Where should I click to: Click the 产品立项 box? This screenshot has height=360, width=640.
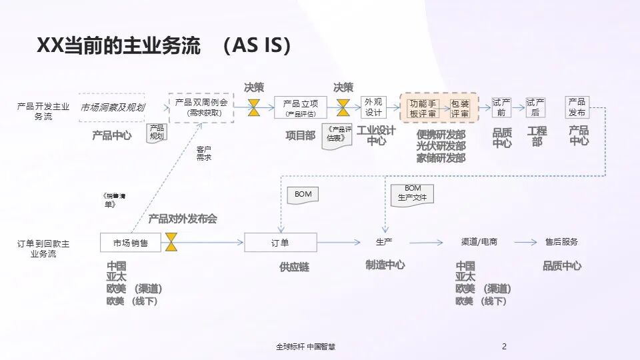point(301,107)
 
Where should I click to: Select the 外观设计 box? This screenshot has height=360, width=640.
point(373,107)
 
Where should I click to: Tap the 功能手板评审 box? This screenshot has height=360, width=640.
point(423,108)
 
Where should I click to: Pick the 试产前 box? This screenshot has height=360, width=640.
point(501,107)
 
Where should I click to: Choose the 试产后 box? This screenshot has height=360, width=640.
point(535,107)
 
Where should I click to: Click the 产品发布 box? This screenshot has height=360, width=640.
point(577,107)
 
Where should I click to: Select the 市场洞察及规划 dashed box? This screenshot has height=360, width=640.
point(112,107)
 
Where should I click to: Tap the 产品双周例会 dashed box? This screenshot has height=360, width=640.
point(201,107)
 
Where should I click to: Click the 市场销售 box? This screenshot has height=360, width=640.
point(131,243)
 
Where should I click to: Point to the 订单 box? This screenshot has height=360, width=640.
point(280,243)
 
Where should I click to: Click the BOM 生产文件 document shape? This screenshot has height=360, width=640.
point(411,194)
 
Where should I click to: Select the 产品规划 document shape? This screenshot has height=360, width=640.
point(157,132)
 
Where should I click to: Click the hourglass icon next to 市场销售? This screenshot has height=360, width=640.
point(172,242)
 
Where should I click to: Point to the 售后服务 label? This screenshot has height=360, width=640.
point(561,242)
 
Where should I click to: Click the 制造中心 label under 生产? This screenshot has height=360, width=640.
point(385,265)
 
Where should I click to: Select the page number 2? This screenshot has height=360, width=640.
point(504,347)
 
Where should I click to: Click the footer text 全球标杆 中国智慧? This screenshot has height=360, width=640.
point(310,347)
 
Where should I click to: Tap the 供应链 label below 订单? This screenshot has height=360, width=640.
point(294,267)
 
